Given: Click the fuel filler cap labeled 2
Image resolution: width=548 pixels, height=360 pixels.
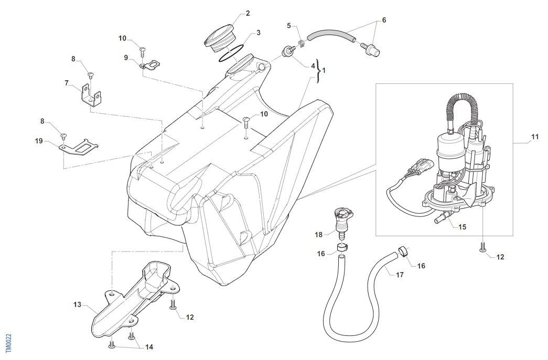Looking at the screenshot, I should tap(219, 38).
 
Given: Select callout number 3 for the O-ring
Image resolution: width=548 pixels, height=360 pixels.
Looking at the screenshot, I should tap(258, 32).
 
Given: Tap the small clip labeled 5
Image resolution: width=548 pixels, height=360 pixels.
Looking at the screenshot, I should tap(300, 43).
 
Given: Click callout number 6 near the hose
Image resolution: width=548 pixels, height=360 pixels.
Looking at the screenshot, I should tap(383, 20).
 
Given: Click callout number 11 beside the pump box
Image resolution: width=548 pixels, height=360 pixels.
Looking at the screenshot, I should tap(534, 137).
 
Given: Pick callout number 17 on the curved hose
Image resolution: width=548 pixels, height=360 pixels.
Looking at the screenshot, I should tap(400, 275).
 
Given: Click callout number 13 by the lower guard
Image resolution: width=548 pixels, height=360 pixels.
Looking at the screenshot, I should tap(77, 304).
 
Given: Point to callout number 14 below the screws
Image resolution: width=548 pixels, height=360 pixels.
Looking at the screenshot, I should tap(149, 347).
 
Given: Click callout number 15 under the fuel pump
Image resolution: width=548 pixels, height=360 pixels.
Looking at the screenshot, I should tap(462, 227).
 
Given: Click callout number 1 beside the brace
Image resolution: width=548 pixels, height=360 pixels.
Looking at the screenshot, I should tap(324, 70).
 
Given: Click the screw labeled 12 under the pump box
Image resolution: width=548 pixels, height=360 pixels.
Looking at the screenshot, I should tap(483, 247).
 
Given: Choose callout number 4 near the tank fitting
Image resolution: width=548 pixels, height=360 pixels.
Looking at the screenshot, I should tap(313, 66).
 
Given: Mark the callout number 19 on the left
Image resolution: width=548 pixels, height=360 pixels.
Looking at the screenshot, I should tap(39, 141).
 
